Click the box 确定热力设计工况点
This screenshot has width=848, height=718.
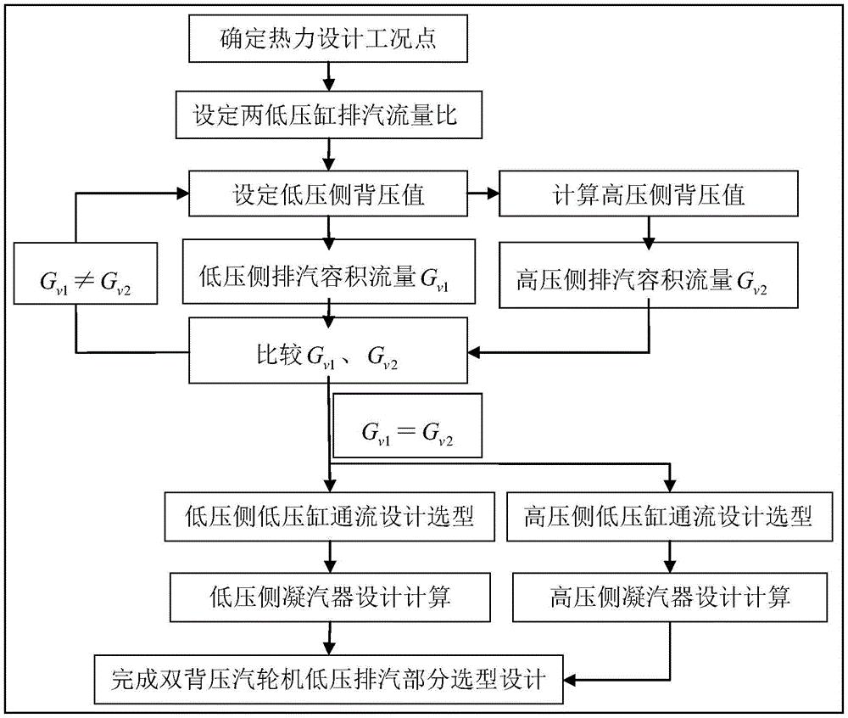pyautogui.click(x=326, y=39)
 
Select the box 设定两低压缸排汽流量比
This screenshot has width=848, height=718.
pyautogui.click(x=326, y=116)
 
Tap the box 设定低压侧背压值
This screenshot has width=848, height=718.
pyautogui.click(x=326, y=195)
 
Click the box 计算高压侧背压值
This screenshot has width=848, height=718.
pyautogui.click(x=648, y=195)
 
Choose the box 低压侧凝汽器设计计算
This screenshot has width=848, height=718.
pyautogui.click(x=326, y=597)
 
